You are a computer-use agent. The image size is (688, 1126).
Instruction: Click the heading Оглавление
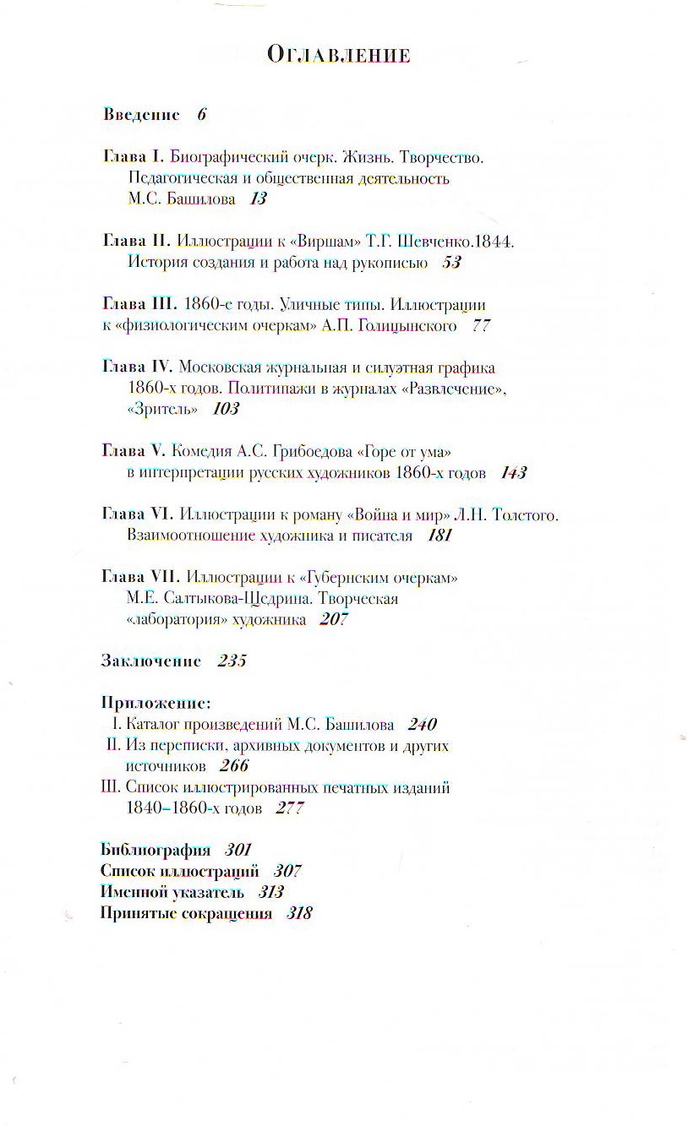coord(339,56)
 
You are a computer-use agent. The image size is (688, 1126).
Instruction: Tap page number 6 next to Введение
coord(201,115)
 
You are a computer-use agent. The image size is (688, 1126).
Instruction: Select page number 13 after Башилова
coord(258,199)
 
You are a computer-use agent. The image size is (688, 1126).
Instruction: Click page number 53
coord(451,263)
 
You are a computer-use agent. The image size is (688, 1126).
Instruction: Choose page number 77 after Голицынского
coord(481,325)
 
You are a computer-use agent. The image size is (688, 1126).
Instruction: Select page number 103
coord(226,409)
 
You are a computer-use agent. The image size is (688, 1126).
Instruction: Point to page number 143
coord(513,473)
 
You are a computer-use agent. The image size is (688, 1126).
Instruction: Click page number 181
coord(440,536)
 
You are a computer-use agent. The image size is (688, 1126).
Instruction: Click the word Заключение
coord(150,661)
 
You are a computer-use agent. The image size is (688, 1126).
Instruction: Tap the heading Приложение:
coord(155,703)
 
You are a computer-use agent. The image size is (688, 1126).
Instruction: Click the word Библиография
coord(155,850)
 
